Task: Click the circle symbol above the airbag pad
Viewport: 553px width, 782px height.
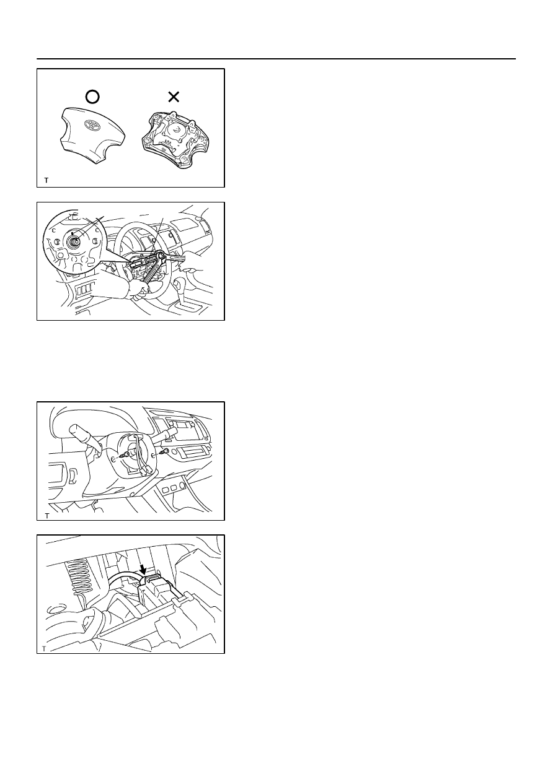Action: [92, 97]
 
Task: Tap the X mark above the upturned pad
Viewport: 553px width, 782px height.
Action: [174, 97]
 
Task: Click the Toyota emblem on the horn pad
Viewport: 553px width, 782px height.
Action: [92, 125]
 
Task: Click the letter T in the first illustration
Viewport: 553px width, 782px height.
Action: [46, 180]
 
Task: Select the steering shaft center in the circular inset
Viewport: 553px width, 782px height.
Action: [74, 240]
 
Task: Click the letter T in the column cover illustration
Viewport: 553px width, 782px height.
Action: [47, 516]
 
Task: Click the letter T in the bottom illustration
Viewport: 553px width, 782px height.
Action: [44, 648]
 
